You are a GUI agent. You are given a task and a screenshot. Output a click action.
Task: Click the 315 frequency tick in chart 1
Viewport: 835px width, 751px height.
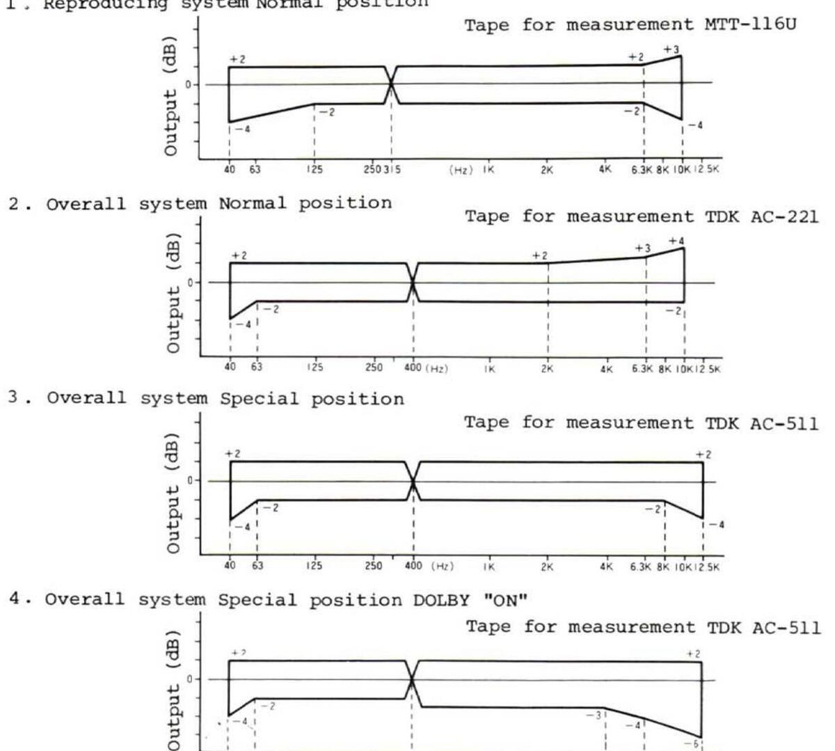tap(394, 169)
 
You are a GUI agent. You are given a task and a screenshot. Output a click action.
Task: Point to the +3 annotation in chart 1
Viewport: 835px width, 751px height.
tap(671, 50)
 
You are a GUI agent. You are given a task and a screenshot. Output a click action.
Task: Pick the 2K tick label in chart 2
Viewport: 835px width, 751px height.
tap(548, 369)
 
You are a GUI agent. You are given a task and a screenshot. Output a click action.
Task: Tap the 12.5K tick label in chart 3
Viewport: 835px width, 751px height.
tap(710, 567)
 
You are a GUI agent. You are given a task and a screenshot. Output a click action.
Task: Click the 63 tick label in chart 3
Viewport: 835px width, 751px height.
tap(257, 566)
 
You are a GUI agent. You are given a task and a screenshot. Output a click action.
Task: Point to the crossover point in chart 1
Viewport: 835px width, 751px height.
tap(391, 84)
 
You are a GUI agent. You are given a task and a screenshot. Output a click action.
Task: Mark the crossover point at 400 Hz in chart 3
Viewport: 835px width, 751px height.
tap(413, 481)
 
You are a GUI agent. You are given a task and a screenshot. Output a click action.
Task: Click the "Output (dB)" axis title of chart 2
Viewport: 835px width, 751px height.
tap(173, 292)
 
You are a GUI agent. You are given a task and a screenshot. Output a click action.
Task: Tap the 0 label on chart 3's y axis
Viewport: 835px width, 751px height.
tap(189, 480)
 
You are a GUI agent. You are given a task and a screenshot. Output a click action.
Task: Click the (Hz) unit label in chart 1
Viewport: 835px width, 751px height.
tap(460, 170)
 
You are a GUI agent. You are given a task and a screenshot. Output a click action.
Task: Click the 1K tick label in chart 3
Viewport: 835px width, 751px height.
tap(490, 567)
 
